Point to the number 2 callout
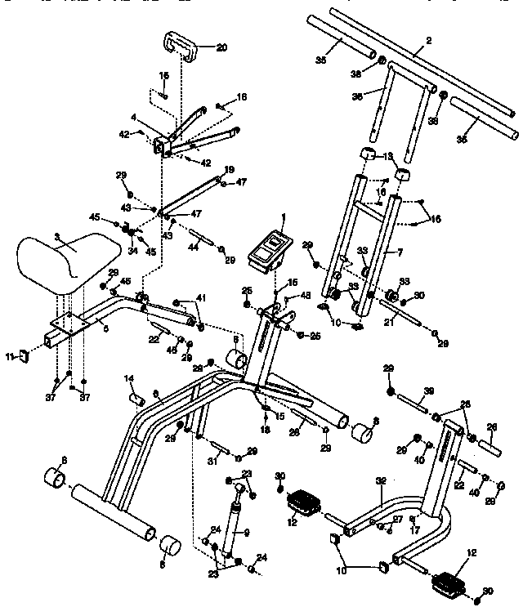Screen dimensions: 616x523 [x=429, y=39]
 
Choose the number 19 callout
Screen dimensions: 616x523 [x=230, y=169]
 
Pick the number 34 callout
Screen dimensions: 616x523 [x=132, y=250]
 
